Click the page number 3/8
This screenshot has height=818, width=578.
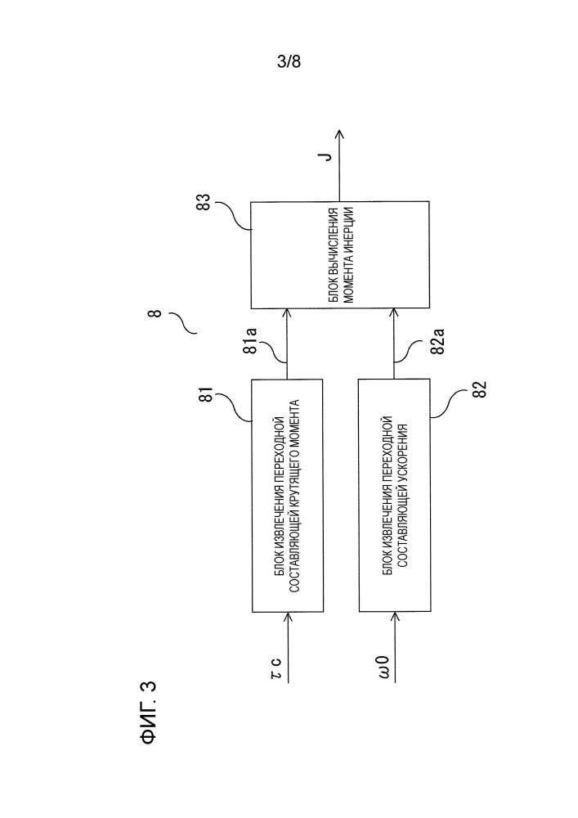pyautogui.click(x=290, y=61)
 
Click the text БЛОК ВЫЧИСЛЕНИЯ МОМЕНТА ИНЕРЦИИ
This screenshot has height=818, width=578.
pyautogui.click(x=339, y=254)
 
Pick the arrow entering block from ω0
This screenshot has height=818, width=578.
pyautogui.click(x=394, y=631)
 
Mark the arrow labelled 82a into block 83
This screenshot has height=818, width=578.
pyautogui.click(x=394, y=344)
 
